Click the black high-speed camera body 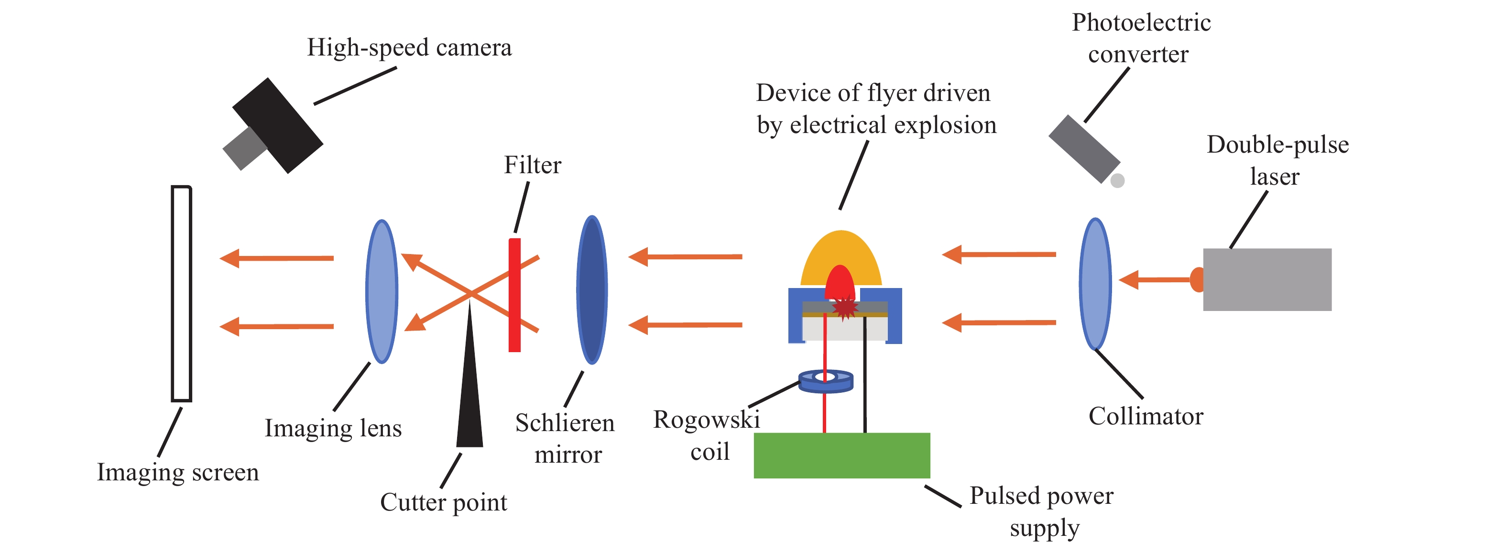coord(278,125)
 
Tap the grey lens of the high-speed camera coord(244,149)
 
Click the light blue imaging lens coord(382,291)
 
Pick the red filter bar coord(514,295)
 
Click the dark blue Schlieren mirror coord(592,290)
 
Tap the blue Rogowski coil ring coord(826,381)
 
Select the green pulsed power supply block coord(841,455)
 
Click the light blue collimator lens coord(1095,284)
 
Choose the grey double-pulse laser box coord(1267,279)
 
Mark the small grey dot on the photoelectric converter coord(1117,180)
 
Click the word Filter coord(533,165)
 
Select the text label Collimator coord(1146,416)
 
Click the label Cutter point coord(443,502)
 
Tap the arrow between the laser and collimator coord(1155,279)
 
